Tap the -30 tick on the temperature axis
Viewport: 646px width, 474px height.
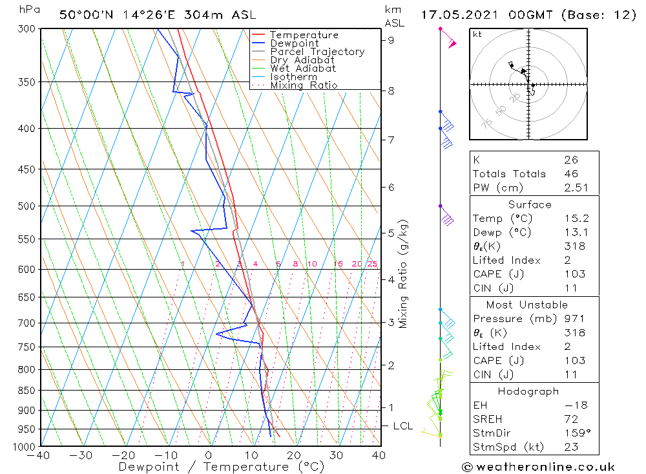[81, 456]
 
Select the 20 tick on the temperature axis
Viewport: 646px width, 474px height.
[294, 456]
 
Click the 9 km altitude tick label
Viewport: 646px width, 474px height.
[391, 40]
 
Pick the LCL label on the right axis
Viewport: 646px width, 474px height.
[402, 426]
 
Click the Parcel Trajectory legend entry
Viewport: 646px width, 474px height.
[317, 52]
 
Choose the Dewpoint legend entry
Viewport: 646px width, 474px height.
[294, 43]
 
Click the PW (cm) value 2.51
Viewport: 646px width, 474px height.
[570, 188]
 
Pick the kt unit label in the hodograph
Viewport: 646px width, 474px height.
[477, 34]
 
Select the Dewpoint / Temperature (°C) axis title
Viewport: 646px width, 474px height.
[222, 467]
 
